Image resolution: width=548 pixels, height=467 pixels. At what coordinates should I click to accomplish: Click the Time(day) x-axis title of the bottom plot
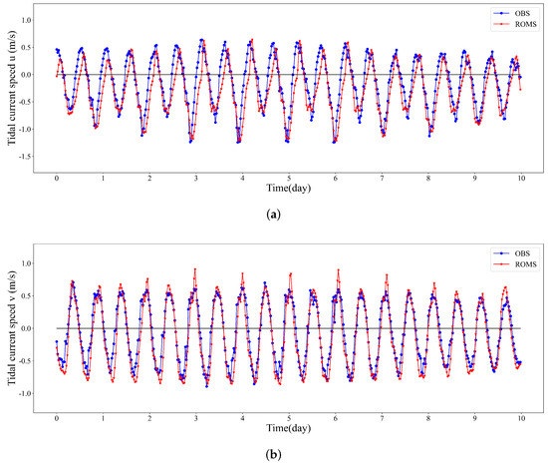pyautogui.click(x=289, y=428)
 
